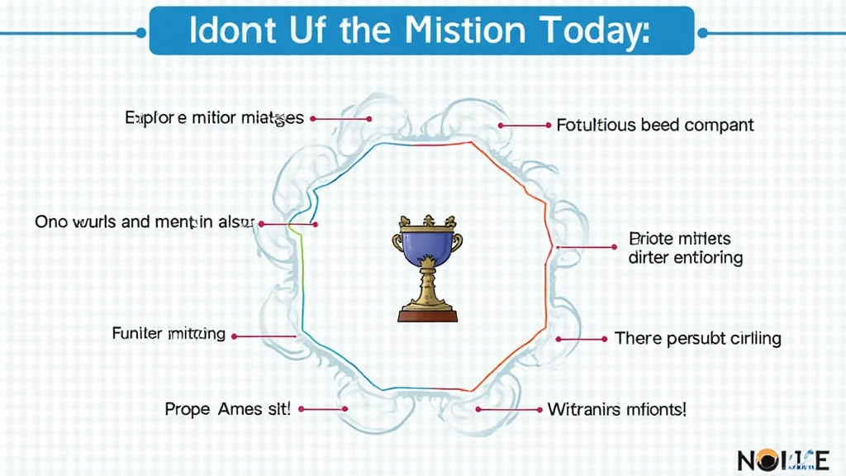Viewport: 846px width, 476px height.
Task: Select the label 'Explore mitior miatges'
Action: [x=214, y=118]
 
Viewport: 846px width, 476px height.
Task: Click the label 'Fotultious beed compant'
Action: [x=655, y=126]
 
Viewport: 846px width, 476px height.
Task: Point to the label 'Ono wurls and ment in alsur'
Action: [x=145, y=222]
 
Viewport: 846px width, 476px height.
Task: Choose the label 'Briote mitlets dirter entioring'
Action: [x=686, y=248]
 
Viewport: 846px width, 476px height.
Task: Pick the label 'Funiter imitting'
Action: [x=169, y=334]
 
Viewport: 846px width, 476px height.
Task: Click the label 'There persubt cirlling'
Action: [x=697, y=338]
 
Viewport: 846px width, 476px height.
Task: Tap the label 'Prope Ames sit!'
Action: [x=227, y=408]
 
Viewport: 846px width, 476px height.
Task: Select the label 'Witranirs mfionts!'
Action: [x=616, y=408]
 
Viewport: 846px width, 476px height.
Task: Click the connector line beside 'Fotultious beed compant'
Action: [x=525, y=126]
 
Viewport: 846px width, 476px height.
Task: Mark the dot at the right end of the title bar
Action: [x=703, y=33]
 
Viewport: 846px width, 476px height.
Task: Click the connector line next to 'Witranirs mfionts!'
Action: [x=509, y=409]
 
